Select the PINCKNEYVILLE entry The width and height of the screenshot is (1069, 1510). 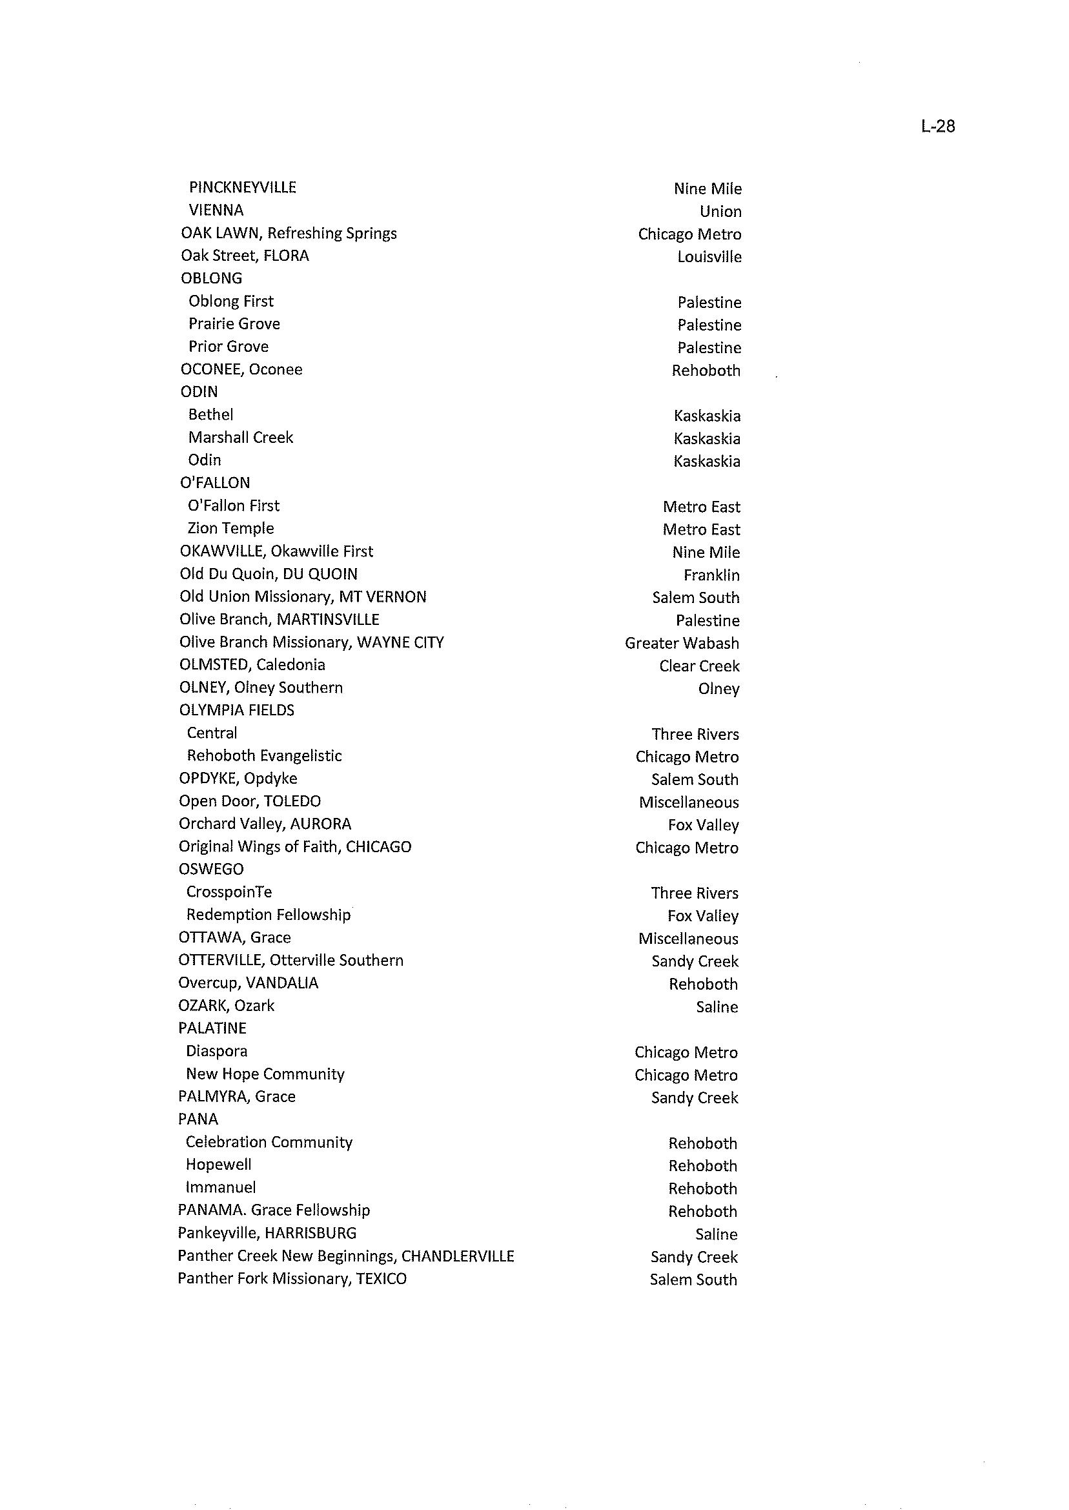(242, 188)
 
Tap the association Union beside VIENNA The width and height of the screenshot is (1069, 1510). (720, 211)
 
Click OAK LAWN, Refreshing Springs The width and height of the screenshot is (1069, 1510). (289, 233)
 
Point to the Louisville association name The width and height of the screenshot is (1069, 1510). (709, 257)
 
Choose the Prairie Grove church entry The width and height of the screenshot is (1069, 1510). (234, 324)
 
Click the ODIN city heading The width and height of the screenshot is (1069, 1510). (199, 392)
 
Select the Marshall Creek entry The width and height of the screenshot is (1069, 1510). (240, 438)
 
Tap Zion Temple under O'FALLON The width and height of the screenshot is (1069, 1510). (230, 529)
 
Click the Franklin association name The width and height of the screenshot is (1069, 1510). (711, 575)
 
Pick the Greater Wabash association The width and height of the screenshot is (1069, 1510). (681, 643)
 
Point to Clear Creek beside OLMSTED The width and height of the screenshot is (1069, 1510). (699, 666)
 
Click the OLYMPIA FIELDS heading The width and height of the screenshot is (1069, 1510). (236, 710)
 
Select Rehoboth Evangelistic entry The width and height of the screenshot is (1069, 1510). (264, 756)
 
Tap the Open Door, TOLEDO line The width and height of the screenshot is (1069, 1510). (249, 801)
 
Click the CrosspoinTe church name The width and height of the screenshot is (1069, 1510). (229, 892)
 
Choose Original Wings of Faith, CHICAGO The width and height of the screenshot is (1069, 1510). (294, 846)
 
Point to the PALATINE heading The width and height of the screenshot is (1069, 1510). (212, 1028)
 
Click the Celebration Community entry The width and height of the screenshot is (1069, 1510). (269, 1142)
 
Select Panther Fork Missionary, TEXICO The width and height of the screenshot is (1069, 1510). (292, 1278)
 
